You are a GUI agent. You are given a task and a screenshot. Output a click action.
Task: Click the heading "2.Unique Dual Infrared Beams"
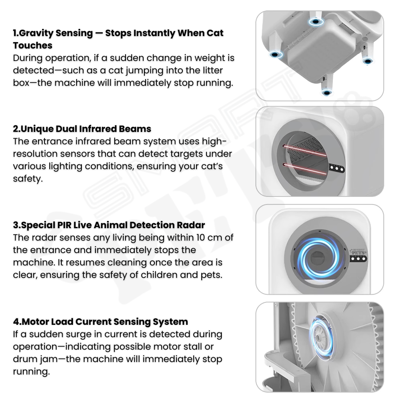[x=82, y=129]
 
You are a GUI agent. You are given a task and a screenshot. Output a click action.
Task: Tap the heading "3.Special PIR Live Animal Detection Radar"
[x=109, y=225]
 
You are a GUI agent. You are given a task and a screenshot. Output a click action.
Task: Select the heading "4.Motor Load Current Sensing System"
[x=101, y=322]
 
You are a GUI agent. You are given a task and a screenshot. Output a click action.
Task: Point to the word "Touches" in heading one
[x=33, y=45]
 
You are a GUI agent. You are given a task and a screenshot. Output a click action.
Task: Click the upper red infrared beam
[x=305, y=150]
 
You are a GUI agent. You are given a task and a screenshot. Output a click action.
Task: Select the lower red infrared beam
[x=305, y=169]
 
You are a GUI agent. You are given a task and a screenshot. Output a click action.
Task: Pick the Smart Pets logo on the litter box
[x=358, y=252]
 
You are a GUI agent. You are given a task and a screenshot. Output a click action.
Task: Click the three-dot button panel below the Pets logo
[x=358, y=259]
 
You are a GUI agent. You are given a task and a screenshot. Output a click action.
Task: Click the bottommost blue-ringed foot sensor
[x=326, y=93]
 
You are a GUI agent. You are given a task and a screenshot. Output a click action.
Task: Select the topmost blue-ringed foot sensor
[x=316, y=22]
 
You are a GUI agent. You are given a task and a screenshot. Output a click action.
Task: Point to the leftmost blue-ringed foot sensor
[x=275, y=54]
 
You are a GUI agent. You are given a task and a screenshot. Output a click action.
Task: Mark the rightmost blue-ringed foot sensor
[x=367, y=61]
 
